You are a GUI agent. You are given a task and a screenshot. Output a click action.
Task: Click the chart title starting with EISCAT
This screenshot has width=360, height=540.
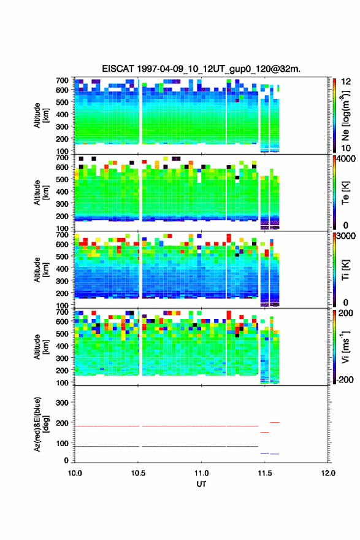(x=201, y=69)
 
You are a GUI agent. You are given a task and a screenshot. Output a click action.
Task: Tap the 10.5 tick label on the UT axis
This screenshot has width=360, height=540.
(x=138, y=473)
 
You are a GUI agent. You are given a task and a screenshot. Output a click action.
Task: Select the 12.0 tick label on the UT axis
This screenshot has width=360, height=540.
(x=328, y=473)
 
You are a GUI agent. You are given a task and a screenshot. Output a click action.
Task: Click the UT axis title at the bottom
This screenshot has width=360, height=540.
(x=201, y=484)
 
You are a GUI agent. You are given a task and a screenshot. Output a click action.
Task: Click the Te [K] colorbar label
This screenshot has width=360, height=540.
(x=345, y=193)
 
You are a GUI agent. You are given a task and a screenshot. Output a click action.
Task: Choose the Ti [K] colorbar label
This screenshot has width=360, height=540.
(x=345, y=270)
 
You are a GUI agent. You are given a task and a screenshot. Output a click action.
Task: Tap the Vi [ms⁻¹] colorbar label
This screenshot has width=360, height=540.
(x=345, y=347)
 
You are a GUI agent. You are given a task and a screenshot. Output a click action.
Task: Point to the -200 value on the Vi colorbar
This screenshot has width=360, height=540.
(x=345, y=379)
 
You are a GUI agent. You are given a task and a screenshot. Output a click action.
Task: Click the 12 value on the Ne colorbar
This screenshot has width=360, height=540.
(x=346, y=82)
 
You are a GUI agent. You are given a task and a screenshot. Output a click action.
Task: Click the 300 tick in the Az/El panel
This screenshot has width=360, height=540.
(x=62, y=403)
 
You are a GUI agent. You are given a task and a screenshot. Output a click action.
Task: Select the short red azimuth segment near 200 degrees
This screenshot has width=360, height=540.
(x=274, y=422)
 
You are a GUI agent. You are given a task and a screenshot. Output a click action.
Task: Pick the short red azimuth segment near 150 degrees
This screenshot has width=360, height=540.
(x=264, y=432)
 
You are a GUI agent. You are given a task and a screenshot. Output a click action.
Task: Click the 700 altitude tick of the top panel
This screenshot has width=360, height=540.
(x=62, y=80)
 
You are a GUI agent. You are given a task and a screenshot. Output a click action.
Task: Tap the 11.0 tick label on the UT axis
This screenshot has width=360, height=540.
(x=201, y=473)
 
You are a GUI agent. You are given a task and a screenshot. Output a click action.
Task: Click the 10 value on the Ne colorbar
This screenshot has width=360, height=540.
(x=346, y=148)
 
